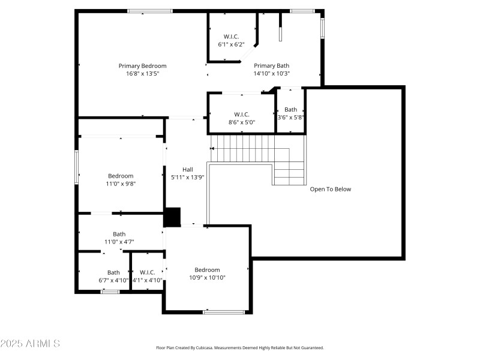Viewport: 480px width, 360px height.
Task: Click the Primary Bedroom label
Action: [142, 66]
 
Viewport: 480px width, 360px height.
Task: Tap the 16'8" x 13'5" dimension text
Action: [142, 74]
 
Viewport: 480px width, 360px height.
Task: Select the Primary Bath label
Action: [271, 66]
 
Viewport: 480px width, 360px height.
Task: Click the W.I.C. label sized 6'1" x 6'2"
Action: [232, 37]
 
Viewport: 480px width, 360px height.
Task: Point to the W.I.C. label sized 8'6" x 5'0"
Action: [242, 114]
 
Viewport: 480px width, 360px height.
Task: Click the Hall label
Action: [188, 169]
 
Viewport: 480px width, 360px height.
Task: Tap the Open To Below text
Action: [330, 189]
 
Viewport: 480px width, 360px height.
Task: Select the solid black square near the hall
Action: [172, 217]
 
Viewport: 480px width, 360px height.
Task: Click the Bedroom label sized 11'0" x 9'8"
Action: [121, 176]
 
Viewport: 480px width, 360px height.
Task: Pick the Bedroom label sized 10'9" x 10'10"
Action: [207, 270]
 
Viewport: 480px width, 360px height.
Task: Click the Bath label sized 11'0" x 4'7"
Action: [119, 234]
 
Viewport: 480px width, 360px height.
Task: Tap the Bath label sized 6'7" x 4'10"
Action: [113, 272]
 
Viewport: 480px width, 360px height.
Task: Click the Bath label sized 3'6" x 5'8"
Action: [290, 109]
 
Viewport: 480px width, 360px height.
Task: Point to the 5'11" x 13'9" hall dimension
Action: [188, 177]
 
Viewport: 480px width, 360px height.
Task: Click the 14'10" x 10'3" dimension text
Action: [271, 74]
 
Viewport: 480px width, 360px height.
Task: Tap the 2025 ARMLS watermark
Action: [30, 344]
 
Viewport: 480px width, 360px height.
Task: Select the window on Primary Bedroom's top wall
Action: [150, 11]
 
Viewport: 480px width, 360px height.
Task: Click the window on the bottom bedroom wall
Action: [224, 311]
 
